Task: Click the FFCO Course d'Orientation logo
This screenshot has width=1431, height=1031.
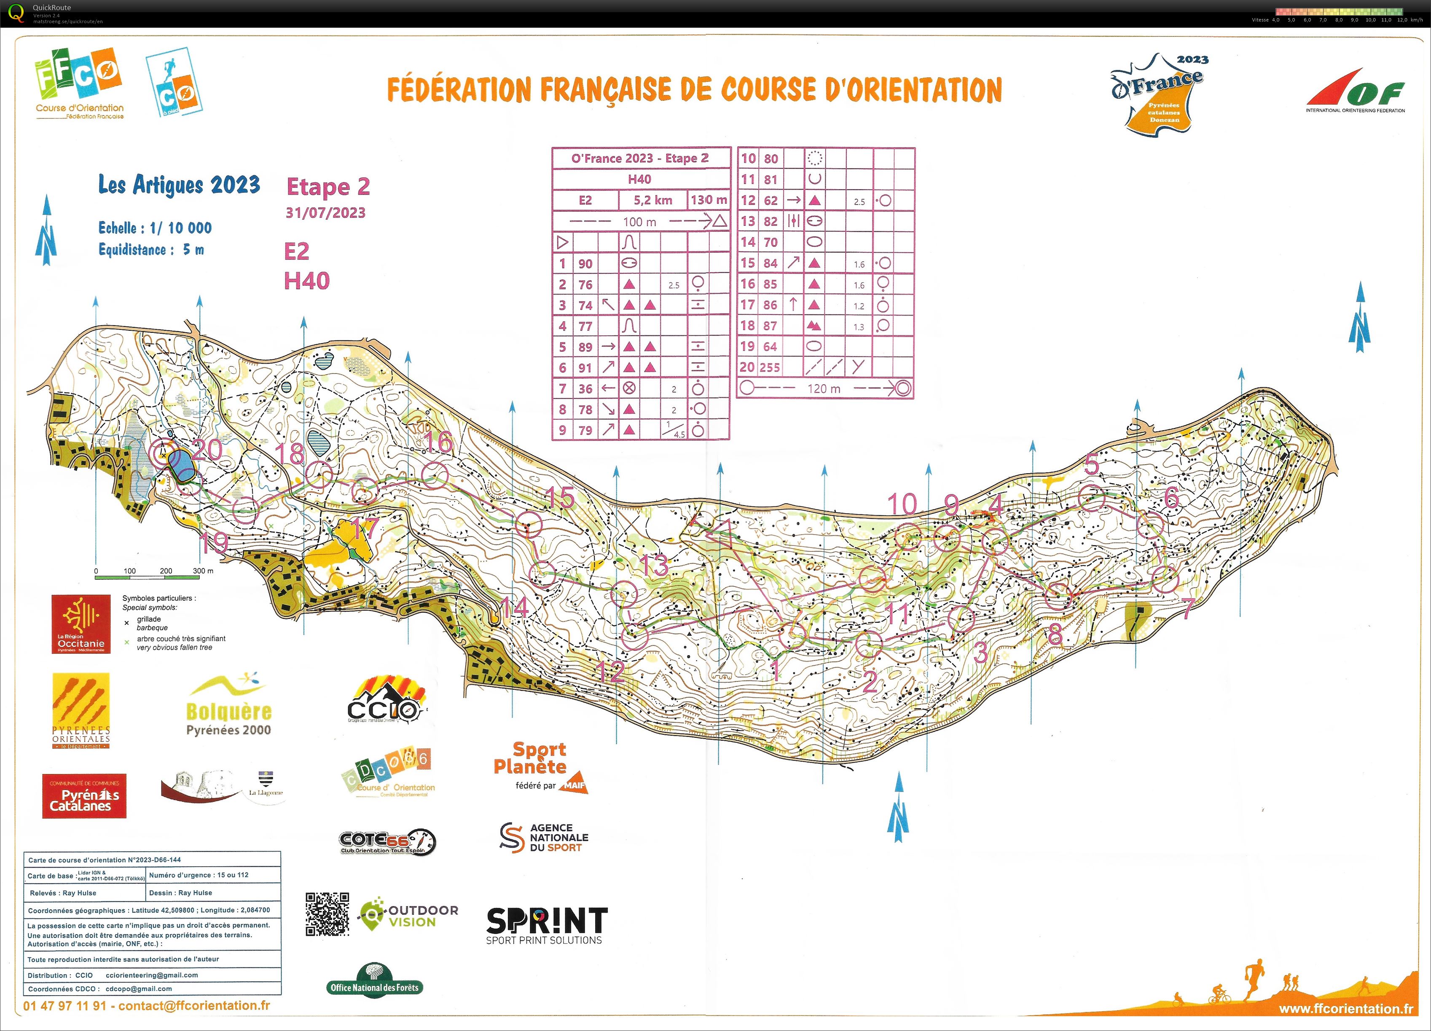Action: [79, 82]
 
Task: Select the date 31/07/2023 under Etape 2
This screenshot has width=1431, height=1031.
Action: [325, 212]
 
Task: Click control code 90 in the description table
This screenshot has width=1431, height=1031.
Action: [585, 264]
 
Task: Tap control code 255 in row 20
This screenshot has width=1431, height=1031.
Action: [769, 367]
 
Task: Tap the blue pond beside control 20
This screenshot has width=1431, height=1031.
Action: [181, 466]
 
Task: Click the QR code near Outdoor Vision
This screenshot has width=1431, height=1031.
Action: [328, 914]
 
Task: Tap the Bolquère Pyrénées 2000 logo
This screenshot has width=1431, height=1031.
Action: [228, 706]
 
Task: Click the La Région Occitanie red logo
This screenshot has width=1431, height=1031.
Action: [81, 624]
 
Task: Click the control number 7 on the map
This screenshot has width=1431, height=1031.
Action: [1187, 608]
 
